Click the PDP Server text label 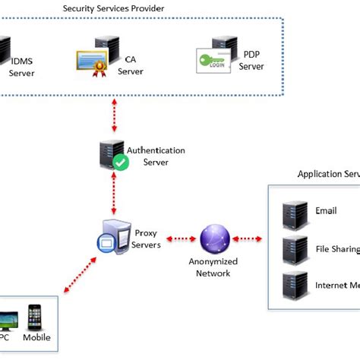pos(251,60)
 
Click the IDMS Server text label pos(22,67)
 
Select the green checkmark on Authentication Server pos(120,162)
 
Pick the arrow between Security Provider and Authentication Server pos(113,116)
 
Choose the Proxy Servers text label pos(147,238)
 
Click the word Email pos(327,211)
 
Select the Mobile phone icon pos(34,317)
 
